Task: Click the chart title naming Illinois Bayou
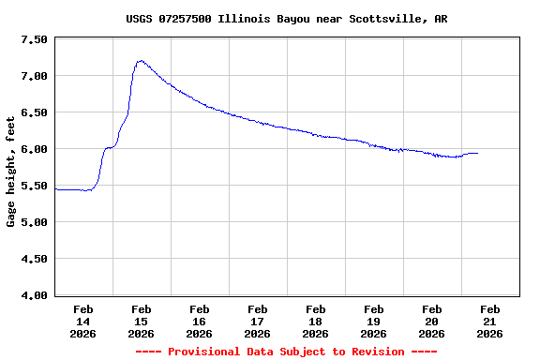286,19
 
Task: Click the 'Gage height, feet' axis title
11,172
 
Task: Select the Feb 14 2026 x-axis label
82,321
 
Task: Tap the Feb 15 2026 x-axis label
141,321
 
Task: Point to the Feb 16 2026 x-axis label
199,321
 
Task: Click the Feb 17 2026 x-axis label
257,321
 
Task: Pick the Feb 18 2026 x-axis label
315,321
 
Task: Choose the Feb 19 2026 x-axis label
373,321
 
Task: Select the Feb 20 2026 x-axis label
431,321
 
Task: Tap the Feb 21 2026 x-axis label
489,321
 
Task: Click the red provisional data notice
286,352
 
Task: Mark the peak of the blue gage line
141,61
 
